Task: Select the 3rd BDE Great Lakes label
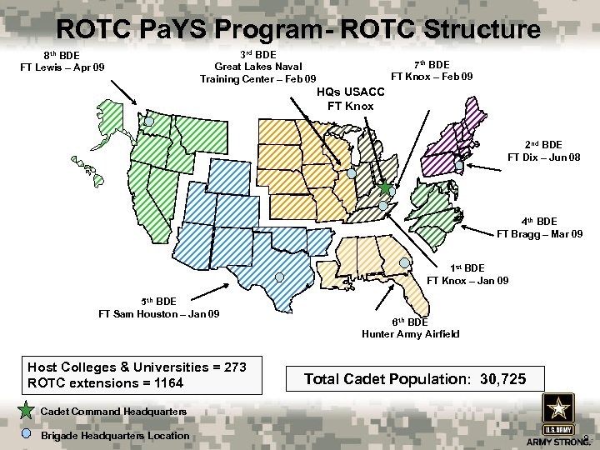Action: pos(258,67)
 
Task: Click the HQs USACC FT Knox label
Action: pos(351,99)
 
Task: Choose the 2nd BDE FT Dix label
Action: pos(534,151)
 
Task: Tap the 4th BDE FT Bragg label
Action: pos(539,227)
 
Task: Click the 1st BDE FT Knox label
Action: pos(467,274)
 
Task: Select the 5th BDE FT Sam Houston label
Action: pos(159,307)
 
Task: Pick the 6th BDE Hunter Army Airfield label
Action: pos(410,327)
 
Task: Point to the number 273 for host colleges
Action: pos(233,367)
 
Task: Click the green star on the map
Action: pos(386,189)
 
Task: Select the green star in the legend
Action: pos(27,411)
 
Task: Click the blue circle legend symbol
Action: pos(27,434)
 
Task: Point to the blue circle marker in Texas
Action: pos(279,276)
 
